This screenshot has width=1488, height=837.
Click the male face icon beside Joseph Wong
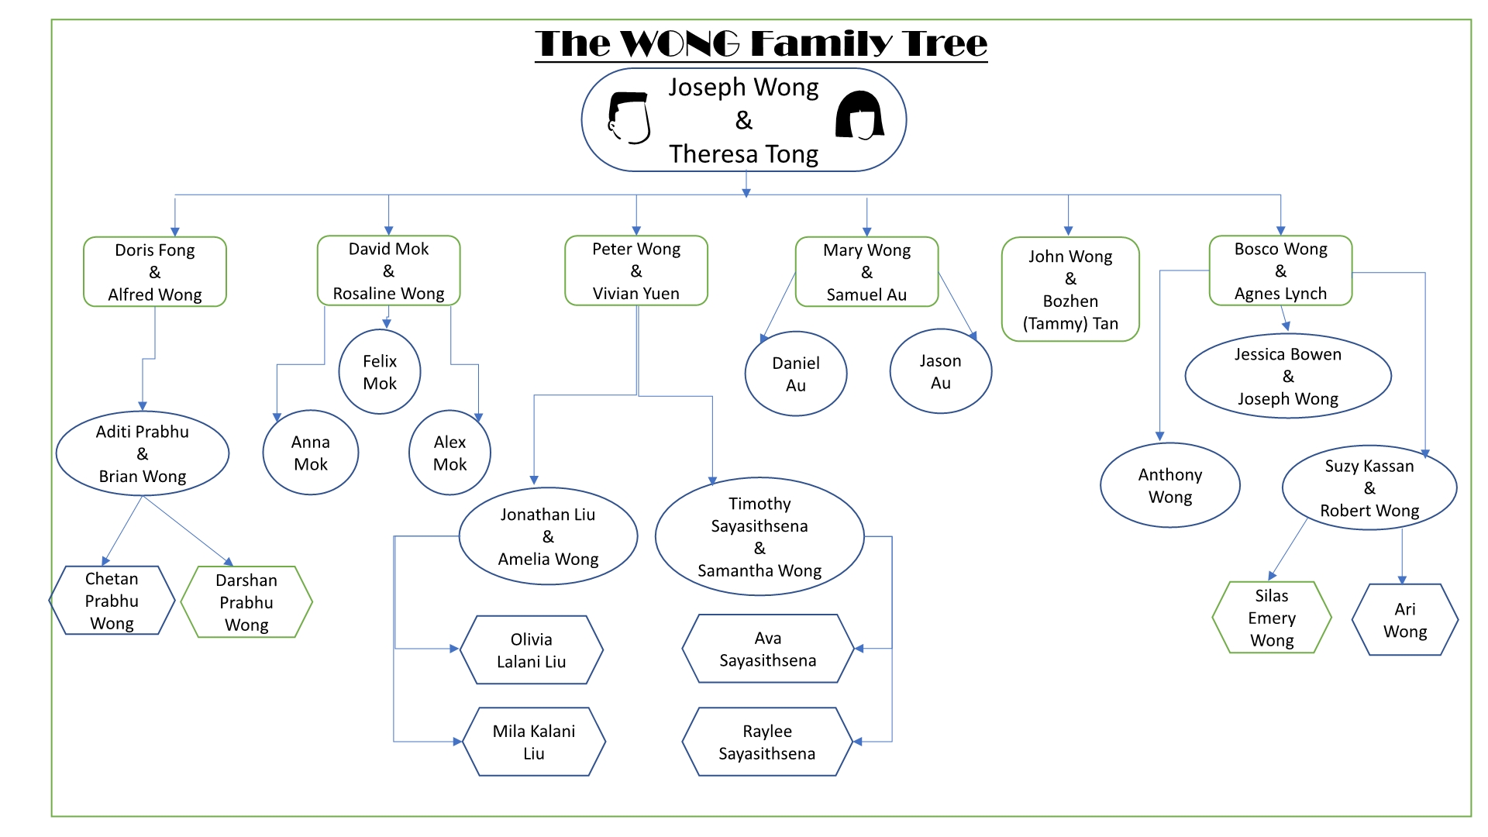click(629, 119)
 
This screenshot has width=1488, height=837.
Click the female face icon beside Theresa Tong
click(859, 115)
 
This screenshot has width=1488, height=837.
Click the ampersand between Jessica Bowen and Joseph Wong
click(1288, 377)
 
